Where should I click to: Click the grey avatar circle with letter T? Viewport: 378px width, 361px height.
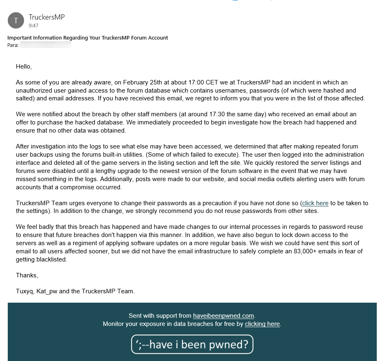(x=16, y=20)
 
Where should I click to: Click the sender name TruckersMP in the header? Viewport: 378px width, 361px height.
(x=47, y=17)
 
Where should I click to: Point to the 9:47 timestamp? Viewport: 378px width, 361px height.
(x=33, y=25)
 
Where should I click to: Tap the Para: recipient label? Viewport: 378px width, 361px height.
(x=13, y=45)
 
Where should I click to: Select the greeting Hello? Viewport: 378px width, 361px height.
(x=24, y=66)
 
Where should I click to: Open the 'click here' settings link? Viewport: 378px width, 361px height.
(x=315, y=203)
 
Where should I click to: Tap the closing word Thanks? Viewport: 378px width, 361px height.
(x=27, y=275)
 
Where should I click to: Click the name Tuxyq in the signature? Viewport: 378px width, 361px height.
(x=24, y=291)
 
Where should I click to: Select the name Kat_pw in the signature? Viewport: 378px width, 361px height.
(x=47, y=291)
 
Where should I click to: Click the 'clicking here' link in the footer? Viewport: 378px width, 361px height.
(x=262, y=324)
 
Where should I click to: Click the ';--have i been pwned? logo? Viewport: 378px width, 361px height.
(x=192, y=344)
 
